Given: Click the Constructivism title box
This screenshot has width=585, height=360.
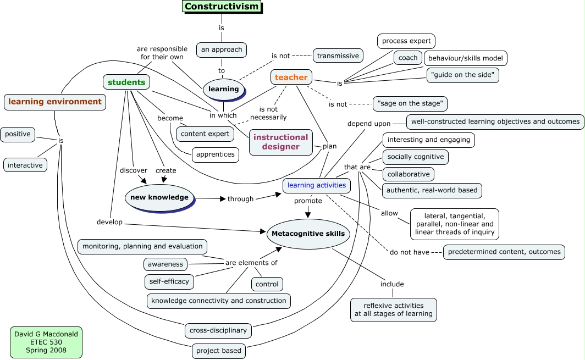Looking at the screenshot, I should [221, 7].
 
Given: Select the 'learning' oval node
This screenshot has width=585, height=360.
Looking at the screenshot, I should [223, 89].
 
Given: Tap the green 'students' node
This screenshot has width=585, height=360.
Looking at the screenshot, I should [126, 82].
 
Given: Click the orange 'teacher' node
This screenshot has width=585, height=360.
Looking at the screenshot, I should [291, 77].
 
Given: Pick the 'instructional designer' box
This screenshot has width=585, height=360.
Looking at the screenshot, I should [280, 142].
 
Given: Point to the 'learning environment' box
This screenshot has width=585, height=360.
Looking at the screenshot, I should [55, 102].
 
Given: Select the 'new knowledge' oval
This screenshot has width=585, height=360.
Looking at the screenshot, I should [159, 197].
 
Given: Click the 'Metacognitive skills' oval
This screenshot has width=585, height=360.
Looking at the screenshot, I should [308, 234].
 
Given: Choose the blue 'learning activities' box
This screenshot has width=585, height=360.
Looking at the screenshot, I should [317, 185].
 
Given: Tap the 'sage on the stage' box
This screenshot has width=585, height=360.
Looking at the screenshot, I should [410, 103].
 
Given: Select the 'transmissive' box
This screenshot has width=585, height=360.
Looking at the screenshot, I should [338, 56].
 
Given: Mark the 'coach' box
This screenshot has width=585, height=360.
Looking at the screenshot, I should [408, 58].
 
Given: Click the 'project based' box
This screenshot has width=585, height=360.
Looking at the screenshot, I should [219, 351].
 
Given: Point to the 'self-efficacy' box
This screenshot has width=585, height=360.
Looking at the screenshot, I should [169, 281].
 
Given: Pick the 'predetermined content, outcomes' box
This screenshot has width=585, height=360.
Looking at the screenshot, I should [504, 252].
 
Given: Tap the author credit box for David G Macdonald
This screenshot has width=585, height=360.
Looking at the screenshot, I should [46, 342].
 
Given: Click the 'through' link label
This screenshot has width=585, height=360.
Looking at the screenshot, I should [240, 199].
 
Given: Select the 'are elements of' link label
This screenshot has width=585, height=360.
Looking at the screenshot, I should [251, 263].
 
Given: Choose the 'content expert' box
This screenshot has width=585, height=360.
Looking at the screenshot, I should [205, 134].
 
